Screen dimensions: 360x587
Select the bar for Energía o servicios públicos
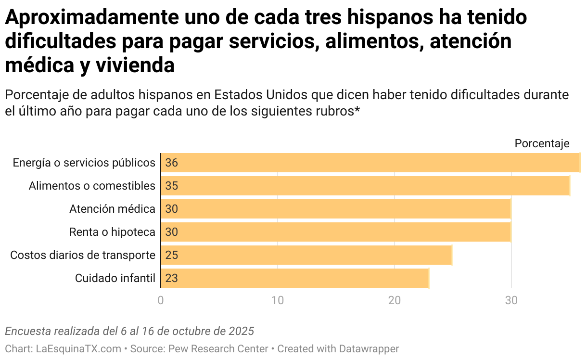click(370, 163)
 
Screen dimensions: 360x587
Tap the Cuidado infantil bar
click(294, 278)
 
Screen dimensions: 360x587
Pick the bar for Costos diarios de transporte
click(306, 255)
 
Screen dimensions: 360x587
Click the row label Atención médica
click(112, 209)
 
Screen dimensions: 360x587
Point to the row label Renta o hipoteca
click(112, 232)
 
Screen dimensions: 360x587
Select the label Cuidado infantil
click(115, 278)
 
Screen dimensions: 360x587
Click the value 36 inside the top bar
click(171, 163)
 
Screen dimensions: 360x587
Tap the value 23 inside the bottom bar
click(171, 278)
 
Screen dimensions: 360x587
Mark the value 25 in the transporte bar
click(171, 255)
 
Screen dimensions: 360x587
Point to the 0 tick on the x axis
click(161, 300)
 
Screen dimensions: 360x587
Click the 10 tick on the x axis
click(278, 300)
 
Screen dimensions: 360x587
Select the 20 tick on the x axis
click(395, 300)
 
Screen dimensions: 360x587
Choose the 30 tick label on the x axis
click(511, 300)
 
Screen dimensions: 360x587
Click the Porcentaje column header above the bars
click(542, 143)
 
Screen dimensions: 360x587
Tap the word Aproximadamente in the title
click(92, 18)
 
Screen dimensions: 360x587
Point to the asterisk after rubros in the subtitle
click(357, 111)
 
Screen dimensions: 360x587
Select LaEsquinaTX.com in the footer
click(78, 348)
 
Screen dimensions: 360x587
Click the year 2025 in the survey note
click(242, 331)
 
